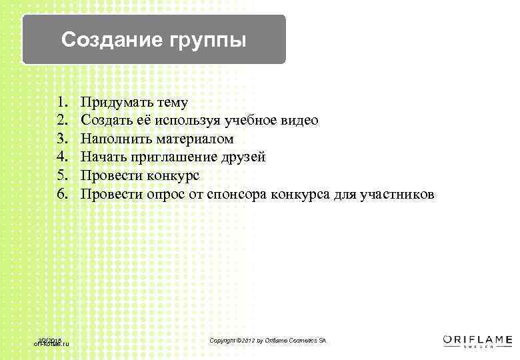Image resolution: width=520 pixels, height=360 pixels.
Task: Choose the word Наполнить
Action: [116, 139]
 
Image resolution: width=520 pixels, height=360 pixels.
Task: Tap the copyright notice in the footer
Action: [268, 341]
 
